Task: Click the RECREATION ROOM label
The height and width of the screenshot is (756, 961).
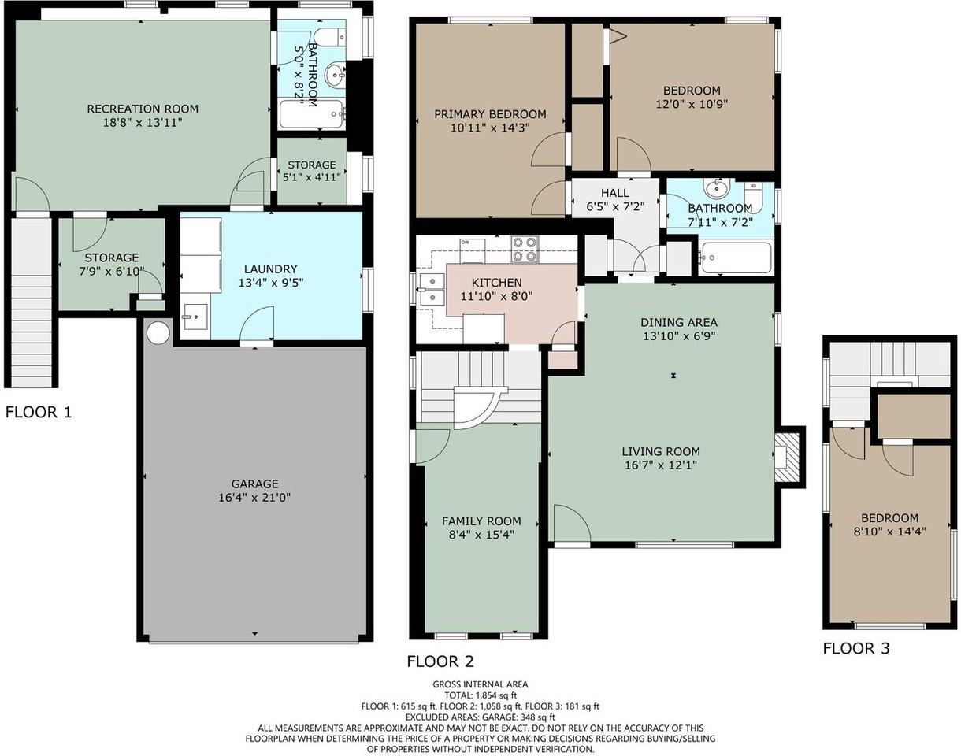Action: (143, 109)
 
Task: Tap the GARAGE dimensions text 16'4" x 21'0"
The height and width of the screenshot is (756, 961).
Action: (254, 498)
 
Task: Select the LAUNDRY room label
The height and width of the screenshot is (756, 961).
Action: (271, 269)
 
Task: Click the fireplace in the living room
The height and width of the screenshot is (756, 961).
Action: (785, 458)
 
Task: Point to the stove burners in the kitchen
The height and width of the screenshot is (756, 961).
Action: (525, 249)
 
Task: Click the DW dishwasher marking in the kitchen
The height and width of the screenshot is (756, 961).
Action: (465, 243)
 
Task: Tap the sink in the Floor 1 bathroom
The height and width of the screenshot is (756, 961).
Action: (335, 76)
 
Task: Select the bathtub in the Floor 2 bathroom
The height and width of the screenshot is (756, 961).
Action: (735, 258)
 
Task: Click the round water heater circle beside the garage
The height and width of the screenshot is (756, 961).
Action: (158, 332)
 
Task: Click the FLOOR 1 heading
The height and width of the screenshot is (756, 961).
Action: (39, 412)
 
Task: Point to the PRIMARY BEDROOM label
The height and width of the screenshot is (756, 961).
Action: (490, 114)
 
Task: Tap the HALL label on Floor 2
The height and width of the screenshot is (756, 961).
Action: (615, 193)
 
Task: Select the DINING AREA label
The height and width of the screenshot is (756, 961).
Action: (679, 322)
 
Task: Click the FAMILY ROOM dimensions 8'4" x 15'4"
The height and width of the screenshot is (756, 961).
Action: (481, 535)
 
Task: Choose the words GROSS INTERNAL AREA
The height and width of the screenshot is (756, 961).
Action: (480, 684)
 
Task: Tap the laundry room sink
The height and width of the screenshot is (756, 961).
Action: (195, 317)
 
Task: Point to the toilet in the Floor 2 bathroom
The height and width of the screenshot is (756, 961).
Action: (753, 197)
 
